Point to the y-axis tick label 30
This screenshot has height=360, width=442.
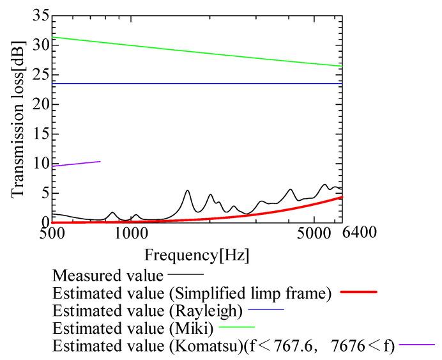pyautogui.click(x=40, y=45)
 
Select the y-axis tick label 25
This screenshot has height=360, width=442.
pyautogui.click(x=40, y=75)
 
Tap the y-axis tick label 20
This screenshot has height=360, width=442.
pyautogui.click(x=40, y=104)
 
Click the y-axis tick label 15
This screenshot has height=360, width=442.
pyautogui.click(x=40, y=134)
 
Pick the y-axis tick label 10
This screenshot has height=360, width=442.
pyautogui.click(x=40, y=163)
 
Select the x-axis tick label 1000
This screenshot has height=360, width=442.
pyautogui.click(x=132, y=233)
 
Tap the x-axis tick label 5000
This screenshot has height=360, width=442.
pyautogui.click(x=314, y=233)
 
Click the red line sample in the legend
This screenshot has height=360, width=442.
pyautogui.click(x=357, y=292)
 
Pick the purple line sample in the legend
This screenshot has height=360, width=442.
pyautogui.click(x=416, y=346)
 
